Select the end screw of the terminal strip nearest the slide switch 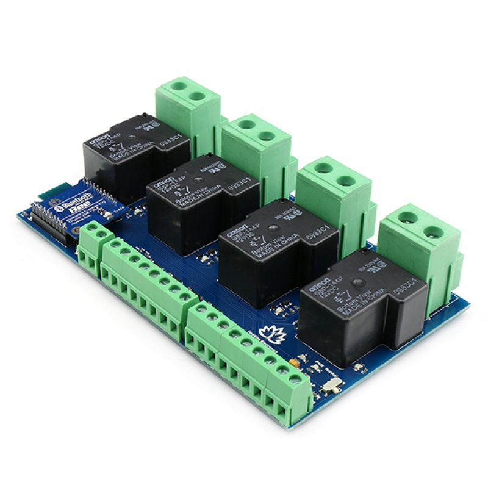[x=295, y=379]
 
